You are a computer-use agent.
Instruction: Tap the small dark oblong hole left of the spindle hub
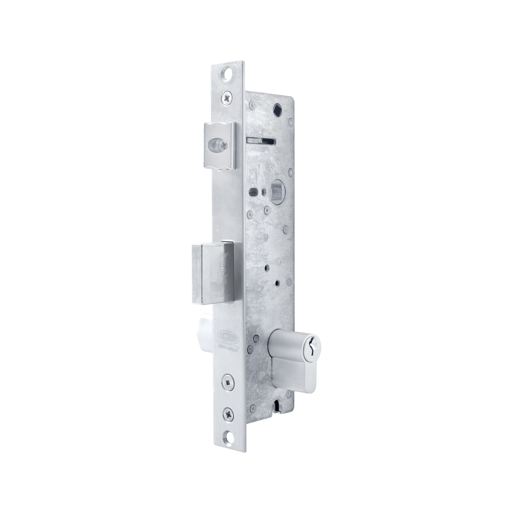coord(252,192)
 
